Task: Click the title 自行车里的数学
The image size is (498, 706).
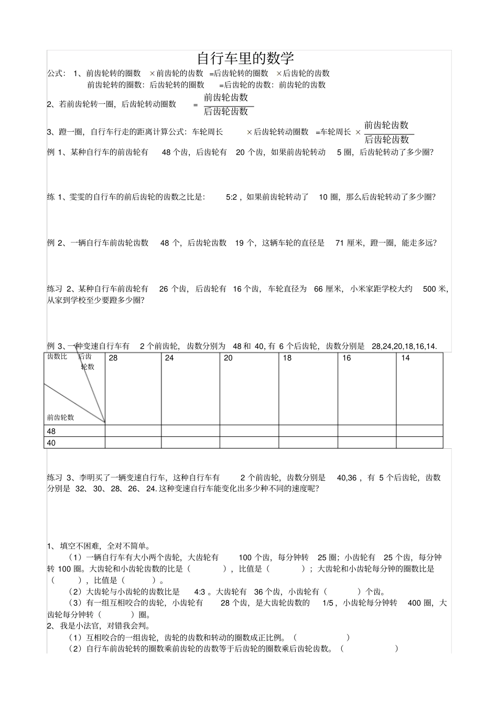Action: click(x=245, y=58)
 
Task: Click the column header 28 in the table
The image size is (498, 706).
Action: click(x=113, y=358)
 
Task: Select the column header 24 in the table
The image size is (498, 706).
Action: click(x=169, y=358)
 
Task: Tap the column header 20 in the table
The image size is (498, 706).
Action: click(x=228, y=358)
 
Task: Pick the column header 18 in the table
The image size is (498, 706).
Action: click(x=287, y=358)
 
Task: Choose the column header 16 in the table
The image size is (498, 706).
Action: click(x=347, y=358)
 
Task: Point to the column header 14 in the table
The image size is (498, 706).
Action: click(x=405, y=358)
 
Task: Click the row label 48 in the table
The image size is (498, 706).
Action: click(x=51, y=431)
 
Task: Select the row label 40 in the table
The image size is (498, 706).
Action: click(x=51, y=443)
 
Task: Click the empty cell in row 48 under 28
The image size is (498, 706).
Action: click(x=133, y=431)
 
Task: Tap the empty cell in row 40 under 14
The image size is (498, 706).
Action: click(x=419, y=443)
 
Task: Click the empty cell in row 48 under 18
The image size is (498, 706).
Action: click(x=308, y=431)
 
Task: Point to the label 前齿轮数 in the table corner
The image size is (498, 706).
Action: click(x=60, y=418)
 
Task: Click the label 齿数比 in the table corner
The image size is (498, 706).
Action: click(x=57, y=356)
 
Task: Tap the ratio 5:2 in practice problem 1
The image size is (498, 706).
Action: click(x=232, y=197)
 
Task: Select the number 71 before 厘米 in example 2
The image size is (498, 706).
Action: click(x=340, y=243)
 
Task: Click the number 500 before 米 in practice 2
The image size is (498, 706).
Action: click(x=429, y=289)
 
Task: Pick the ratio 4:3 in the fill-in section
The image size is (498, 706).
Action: click(x=199, y=592)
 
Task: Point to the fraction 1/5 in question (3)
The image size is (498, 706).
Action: click(x=329, y=603)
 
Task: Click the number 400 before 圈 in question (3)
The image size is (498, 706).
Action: click(x=414, y=603)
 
